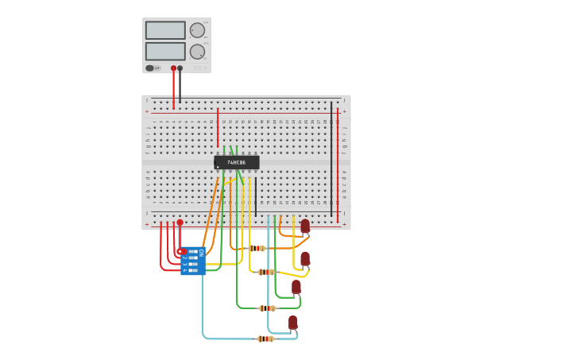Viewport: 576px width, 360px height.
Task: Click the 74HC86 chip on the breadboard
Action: [237, 162]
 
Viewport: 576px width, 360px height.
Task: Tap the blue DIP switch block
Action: [193, 261]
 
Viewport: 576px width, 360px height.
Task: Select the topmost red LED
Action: [305, 226]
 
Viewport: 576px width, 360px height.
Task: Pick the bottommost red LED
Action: [293, 322]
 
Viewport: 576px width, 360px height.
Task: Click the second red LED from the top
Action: [305, 258]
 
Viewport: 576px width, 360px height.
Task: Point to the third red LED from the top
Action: [296, 286]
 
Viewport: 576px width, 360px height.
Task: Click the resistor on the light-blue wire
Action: [265, 339]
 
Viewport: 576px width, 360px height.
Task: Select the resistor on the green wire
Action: [268, 308]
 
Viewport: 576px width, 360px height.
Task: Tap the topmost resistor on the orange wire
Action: [257, 248]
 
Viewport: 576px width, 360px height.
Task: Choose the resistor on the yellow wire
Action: [266, 272]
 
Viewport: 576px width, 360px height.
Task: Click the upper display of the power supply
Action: [165, 30]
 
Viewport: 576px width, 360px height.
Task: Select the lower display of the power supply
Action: [165, 51]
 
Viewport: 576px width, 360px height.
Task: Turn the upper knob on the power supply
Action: [197, 30]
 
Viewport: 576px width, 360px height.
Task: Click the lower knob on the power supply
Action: [197, 52]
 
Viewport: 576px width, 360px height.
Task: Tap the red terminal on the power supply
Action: [174, 68]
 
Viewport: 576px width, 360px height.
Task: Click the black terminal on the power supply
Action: [180, 68]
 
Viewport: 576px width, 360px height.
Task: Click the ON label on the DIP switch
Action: [201, 252]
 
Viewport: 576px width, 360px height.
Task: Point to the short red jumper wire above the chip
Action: [218, 127]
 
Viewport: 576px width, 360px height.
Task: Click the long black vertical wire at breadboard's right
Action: [331, 159]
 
